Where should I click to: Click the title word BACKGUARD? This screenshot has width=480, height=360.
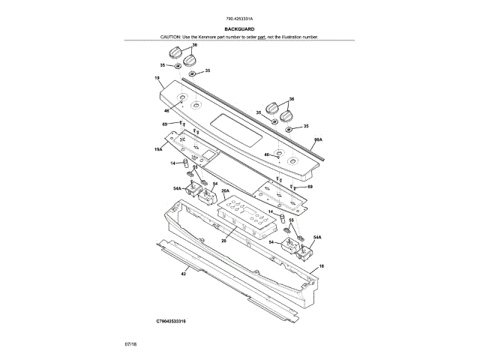click(239, 29)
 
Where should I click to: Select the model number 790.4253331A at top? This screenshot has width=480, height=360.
click(239, 19)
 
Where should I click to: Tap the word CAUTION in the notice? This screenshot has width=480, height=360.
click(170, 37)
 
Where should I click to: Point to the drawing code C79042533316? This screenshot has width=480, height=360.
click(171, 320)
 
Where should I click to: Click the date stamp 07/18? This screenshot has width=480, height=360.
click(130, 343)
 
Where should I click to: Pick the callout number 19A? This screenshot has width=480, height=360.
click(158, 150)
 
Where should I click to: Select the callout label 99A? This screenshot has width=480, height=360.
click(318, 140)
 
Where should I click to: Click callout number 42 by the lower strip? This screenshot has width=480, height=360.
click(183, 274)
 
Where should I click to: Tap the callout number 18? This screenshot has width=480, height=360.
click(322, 266)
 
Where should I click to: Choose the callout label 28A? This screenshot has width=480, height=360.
click(224, 191)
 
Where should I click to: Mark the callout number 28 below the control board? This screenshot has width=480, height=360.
click(223, 239)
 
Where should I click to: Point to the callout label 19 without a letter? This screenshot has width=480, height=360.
click(157, 79)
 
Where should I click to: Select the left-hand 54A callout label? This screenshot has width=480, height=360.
click(177, 188)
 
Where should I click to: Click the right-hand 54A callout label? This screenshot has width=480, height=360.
click(317, 237)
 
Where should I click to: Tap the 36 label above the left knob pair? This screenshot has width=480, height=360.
click(194, 46)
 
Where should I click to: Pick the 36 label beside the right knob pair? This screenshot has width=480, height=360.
click(292, 99)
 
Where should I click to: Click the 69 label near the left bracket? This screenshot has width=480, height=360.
click(164, 123)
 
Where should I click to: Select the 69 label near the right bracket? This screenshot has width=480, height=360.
click(310, 186)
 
